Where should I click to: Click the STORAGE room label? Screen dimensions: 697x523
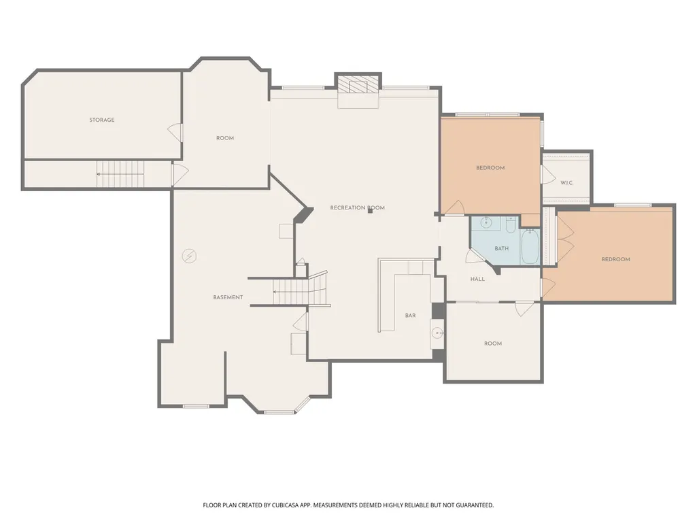(102, 120)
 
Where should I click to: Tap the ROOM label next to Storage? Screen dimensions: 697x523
(225, 138)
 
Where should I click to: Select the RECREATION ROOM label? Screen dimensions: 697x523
(358, 207)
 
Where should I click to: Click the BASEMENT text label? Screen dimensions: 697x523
(228, 297)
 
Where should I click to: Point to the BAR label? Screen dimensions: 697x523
(410, 316)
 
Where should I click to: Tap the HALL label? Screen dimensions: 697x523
(477, 280)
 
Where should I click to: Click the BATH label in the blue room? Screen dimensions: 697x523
(501, 249)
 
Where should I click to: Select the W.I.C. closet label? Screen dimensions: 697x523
(566, 183)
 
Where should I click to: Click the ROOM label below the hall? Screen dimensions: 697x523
(493, 343)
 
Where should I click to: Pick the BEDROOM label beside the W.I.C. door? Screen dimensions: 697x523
(490, 168)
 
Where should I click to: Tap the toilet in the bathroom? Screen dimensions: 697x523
(510, 224)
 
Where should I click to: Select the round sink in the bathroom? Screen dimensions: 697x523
(486, 222)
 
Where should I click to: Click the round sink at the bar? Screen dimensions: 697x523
(438, 333)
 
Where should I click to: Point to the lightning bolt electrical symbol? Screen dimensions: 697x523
(189, 256)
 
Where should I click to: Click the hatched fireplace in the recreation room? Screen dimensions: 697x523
(358, 84)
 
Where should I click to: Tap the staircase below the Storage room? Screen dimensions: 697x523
(121, 174)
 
